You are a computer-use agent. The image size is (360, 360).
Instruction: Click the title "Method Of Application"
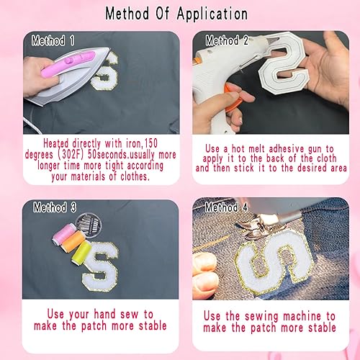tap(176, 14)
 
